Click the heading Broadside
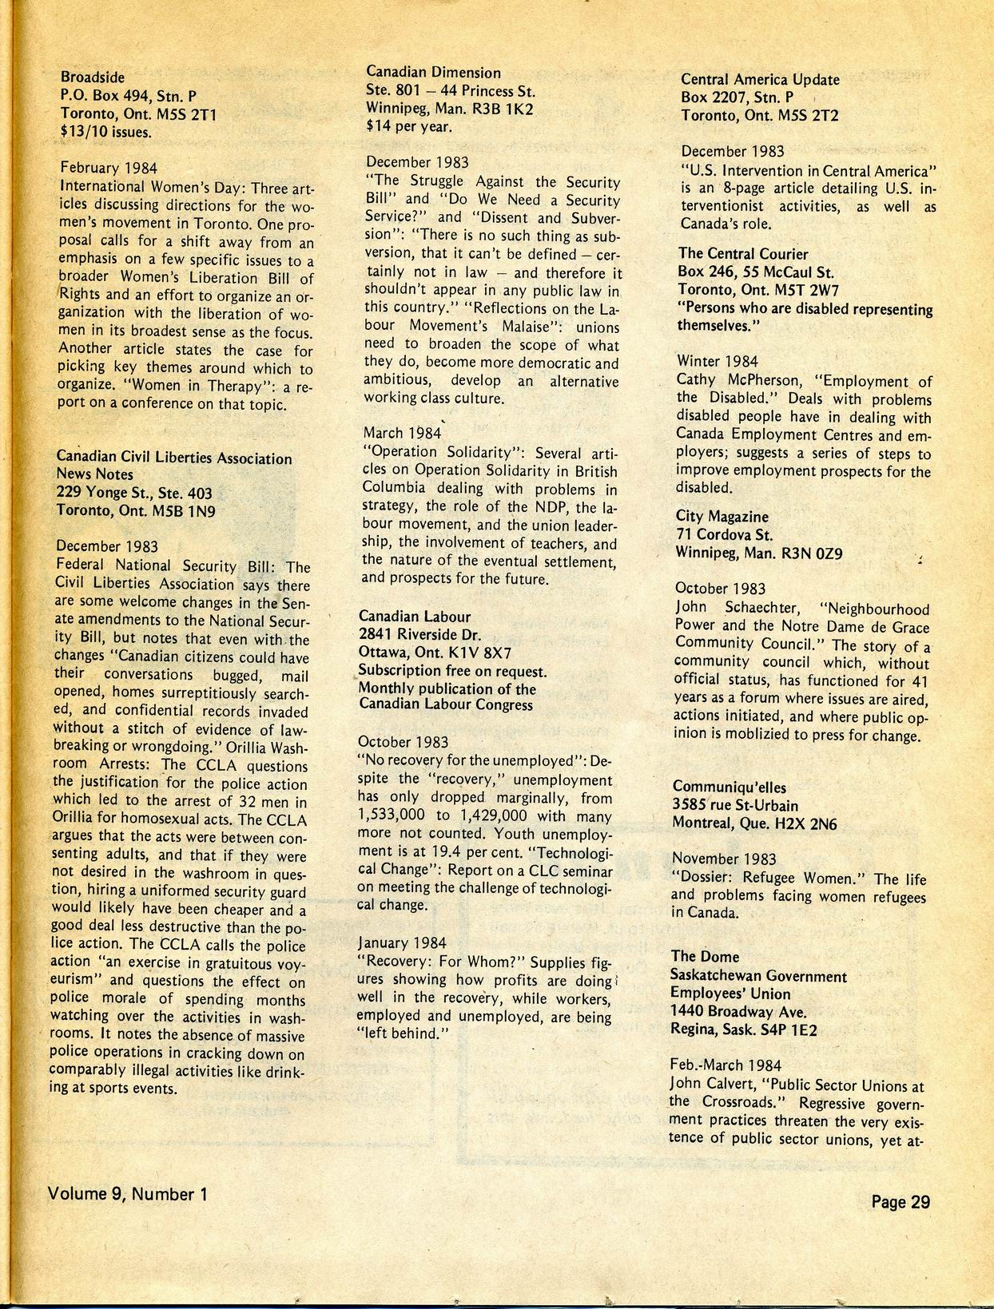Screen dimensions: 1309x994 click(93, 77)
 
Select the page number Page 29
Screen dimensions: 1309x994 click(901, 1201)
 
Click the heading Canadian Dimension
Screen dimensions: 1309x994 click(433, 73)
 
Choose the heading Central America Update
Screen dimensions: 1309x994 click(760, 80)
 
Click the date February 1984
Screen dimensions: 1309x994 click(109, 168)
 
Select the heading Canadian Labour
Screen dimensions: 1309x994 click(414, 617)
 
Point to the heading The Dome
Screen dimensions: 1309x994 click(705, 956)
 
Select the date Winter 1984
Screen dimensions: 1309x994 click(718, 362)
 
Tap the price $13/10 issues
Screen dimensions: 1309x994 click(106, 132)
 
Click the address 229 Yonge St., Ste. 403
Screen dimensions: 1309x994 click(134, 493)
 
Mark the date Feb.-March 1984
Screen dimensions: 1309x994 click(726, 1065)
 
